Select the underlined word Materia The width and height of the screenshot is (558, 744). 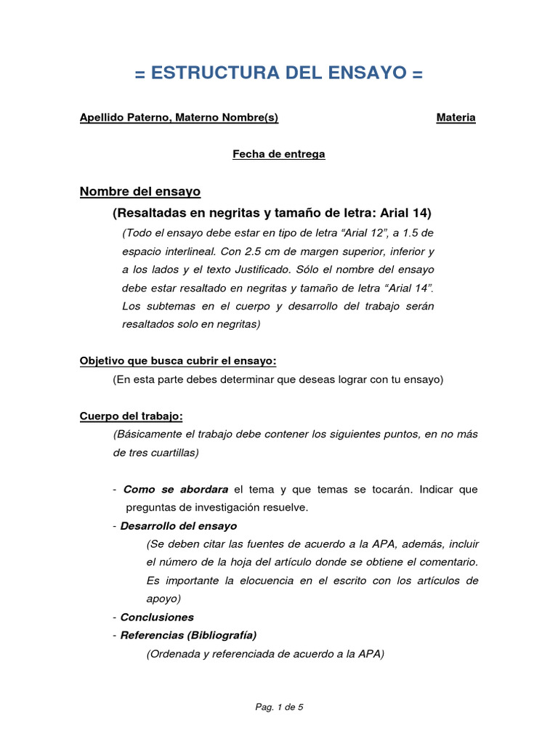[x=456, y=118]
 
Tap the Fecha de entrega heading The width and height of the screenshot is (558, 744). [x=278, y=154]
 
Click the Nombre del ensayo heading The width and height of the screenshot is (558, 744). [x=139, y=192]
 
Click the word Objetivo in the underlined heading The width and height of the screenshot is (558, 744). [x=102, y=361]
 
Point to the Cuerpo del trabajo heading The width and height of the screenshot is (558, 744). [x=131, y=416]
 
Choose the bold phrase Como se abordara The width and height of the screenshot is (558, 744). [x=176, y=490]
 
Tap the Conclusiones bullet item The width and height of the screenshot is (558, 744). [x=157, y=617]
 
